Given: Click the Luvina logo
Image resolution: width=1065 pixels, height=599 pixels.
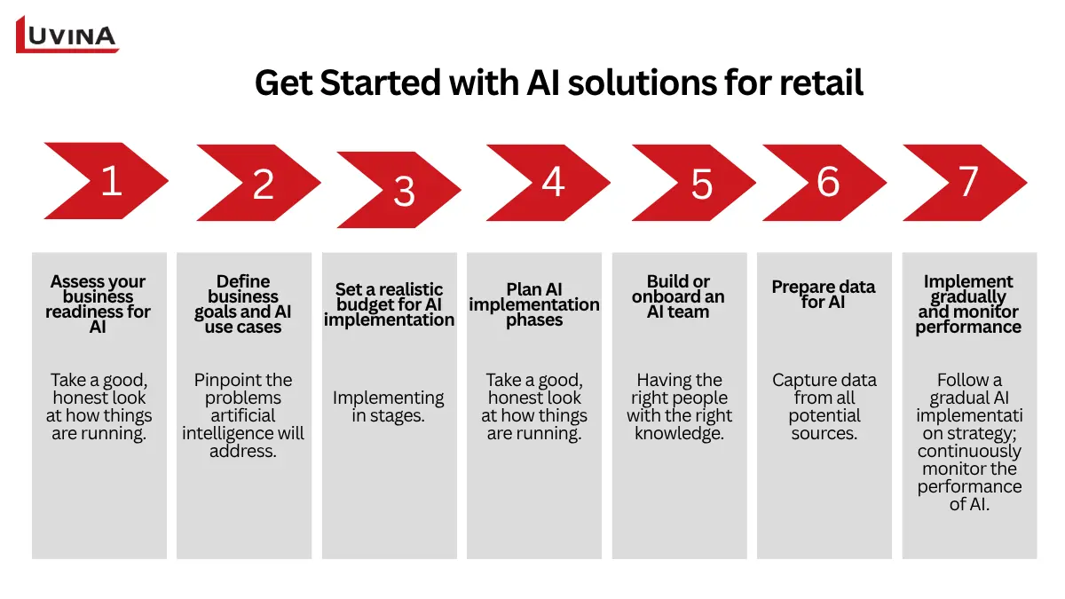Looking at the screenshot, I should point(67,35).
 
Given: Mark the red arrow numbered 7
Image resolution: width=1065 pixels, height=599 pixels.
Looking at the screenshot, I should point(965,182).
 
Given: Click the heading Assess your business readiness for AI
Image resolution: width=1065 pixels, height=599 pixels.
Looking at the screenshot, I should point(99,304).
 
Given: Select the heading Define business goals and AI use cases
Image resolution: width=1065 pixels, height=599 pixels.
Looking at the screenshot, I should point(243,304).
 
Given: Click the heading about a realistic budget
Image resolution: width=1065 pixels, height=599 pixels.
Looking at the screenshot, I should point(389,304).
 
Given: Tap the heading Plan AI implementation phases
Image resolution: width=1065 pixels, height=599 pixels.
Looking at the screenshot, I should point(534,304).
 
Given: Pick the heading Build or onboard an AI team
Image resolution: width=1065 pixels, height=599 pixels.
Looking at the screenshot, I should point(679,296).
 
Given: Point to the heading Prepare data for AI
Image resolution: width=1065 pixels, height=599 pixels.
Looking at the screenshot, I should point(824,295).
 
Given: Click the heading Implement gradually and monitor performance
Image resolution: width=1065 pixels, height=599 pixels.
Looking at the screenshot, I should point(968,304).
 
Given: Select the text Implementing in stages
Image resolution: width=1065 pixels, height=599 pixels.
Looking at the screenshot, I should point(389,406).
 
